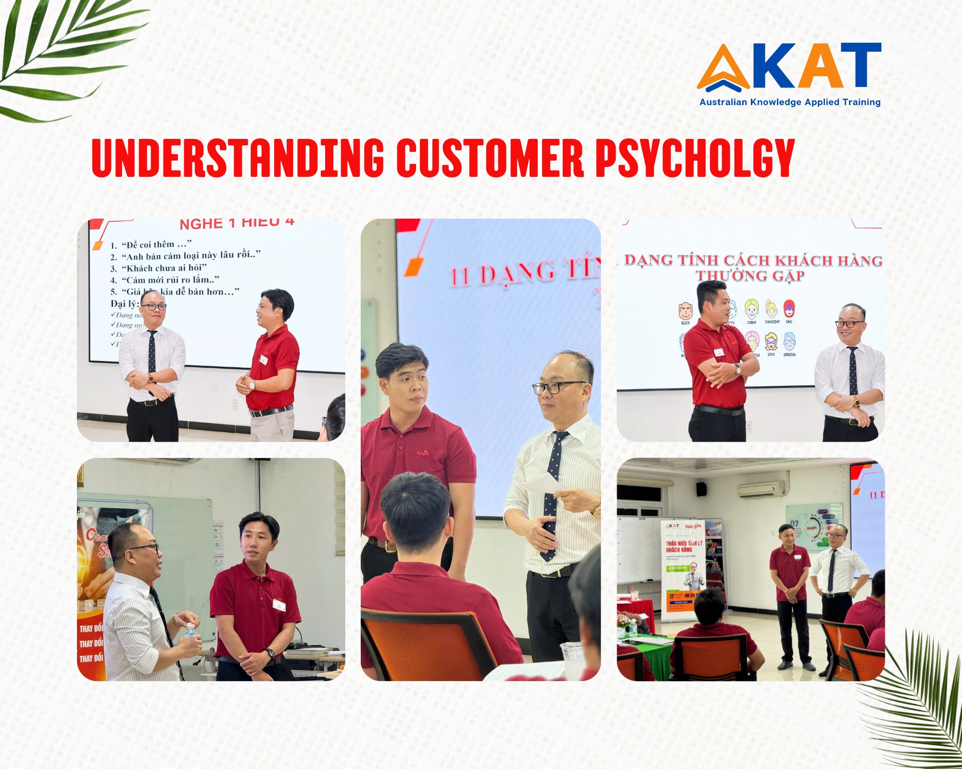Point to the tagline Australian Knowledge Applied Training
pyautogui.click(x=790, y=102)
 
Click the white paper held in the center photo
pyautogui.click(x=544, y=483)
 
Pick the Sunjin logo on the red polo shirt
pyautogui.click(x=422, y=452)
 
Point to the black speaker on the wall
pyautogui.click(x=701, y=489)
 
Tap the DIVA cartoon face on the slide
pyautogui.click(x=771, y=342)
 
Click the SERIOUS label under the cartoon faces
pyautogui.click(x=789, y=355)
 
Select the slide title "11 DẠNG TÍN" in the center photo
pyautogui.click(x=524, y=273)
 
